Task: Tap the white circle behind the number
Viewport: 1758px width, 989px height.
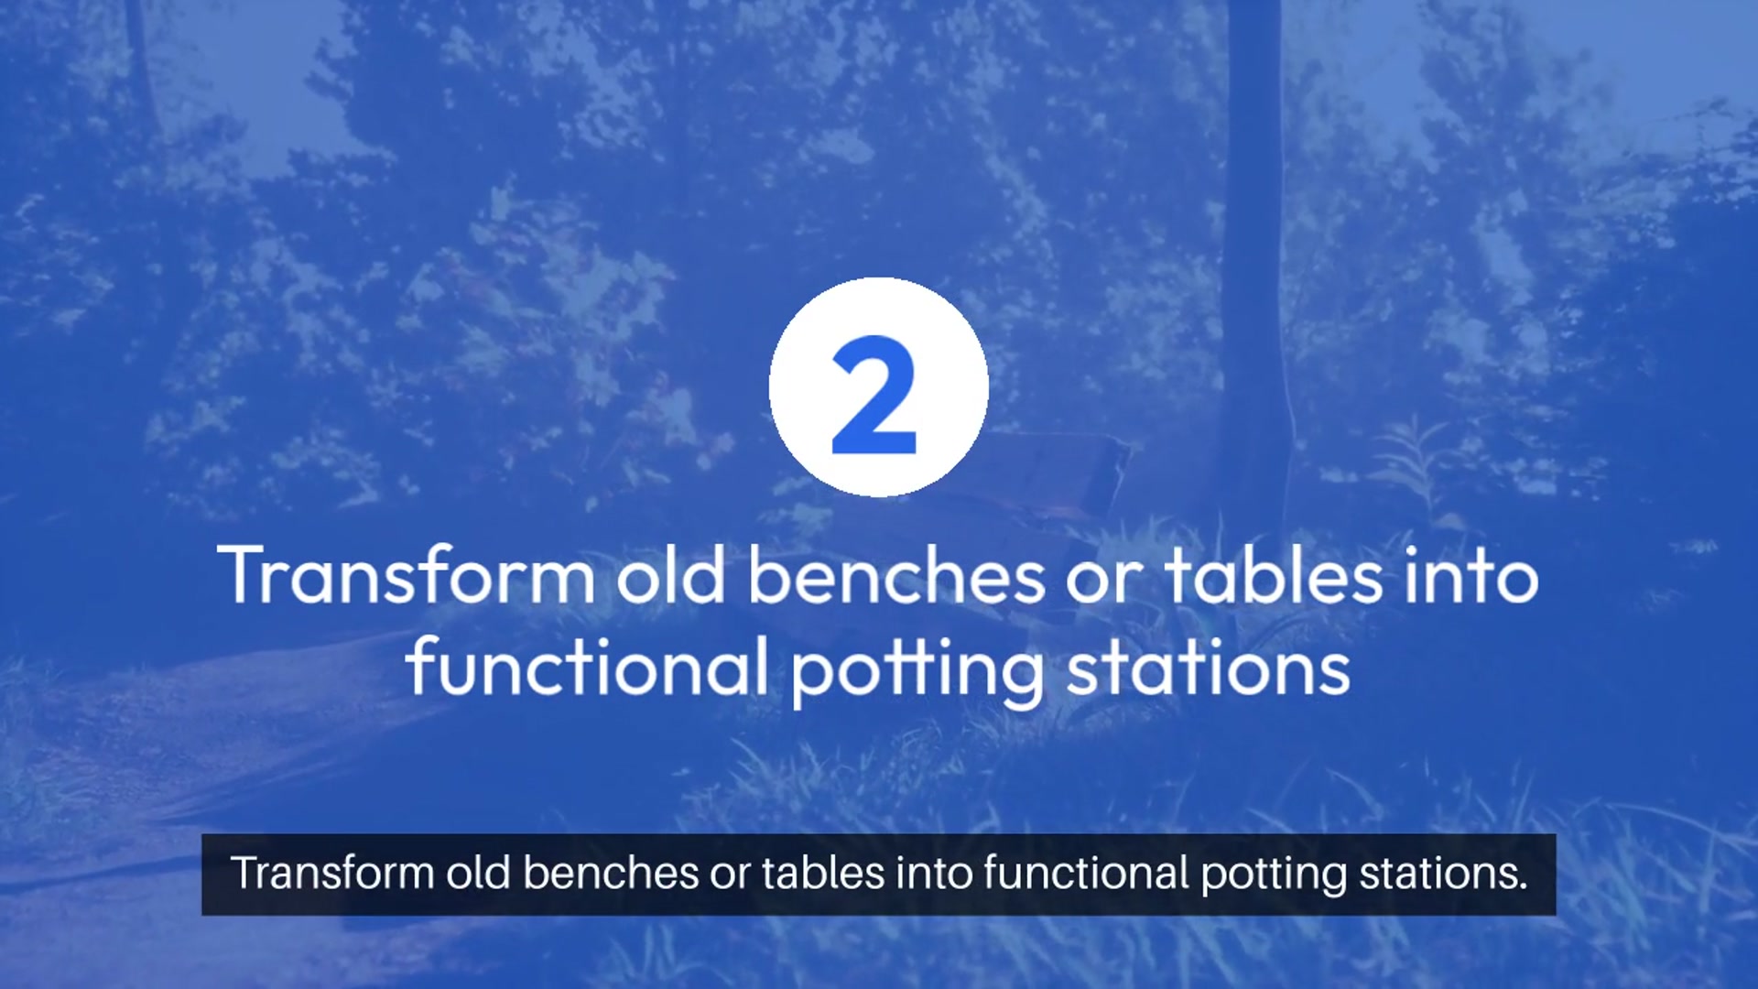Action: (x=879, y=387)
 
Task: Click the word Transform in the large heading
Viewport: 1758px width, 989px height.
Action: (x=406, y=575)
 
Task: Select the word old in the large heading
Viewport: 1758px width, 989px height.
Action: (x=671, y=575)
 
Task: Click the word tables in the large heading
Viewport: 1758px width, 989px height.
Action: (x=1274, y=575)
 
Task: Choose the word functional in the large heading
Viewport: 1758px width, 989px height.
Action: (x=587, y=667)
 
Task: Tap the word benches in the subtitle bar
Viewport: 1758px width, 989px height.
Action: (x=611, y=873)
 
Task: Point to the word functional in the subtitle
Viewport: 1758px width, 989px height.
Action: (x=1086, y=873)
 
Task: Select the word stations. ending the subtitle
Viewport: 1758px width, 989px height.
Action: (x=1444, y=873)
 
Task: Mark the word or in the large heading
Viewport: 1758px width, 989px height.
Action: (x=1104, y=582)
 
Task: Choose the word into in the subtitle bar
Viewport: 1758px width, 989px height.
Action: (x=934, y=873)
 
